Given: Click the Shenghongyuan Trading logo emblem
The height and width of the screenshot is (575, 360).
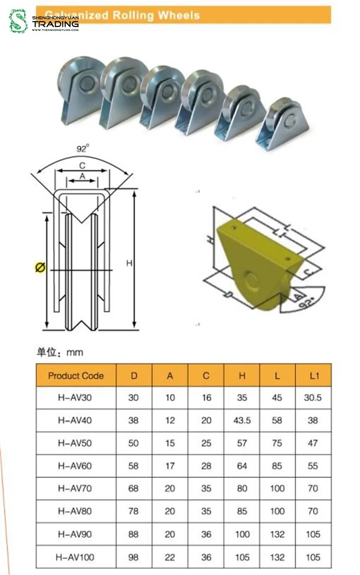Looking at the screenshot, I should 18,21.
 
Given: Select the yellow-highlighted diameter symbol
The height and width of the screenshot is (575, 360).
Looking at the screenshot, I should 39,268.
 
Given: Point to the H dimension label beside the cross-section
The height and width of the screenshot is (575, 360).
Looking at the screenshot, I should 129,263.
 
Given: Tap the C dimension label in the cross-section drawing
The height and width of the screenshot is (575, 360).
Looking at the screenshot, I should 82,165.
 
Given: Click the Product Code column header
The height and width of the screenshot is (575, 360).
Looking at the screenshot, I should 76,376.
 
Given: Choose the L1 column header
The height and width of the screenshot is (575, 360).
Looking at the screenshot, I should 314,376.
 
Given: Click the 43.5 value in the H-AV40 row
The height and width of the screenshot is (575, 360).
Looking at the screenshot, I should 242,420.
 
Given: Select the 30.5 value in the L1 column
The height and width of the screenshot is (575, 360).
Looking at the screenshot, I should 313,398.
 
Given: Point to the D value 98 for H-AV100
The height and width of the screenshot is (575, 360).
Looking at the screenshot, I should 134,557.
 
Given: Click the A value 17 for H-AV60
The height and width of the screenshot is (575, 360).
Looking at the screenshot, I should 170,466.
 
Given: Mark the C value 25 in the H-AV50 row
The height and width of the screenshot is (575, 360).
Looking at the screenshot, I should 206,443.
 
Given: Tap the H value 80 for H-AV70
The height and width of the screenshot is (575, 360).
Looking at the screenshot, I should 242,489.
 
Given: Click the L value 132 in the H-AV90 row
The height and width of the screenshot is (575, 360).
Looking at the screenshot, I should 277,534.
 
